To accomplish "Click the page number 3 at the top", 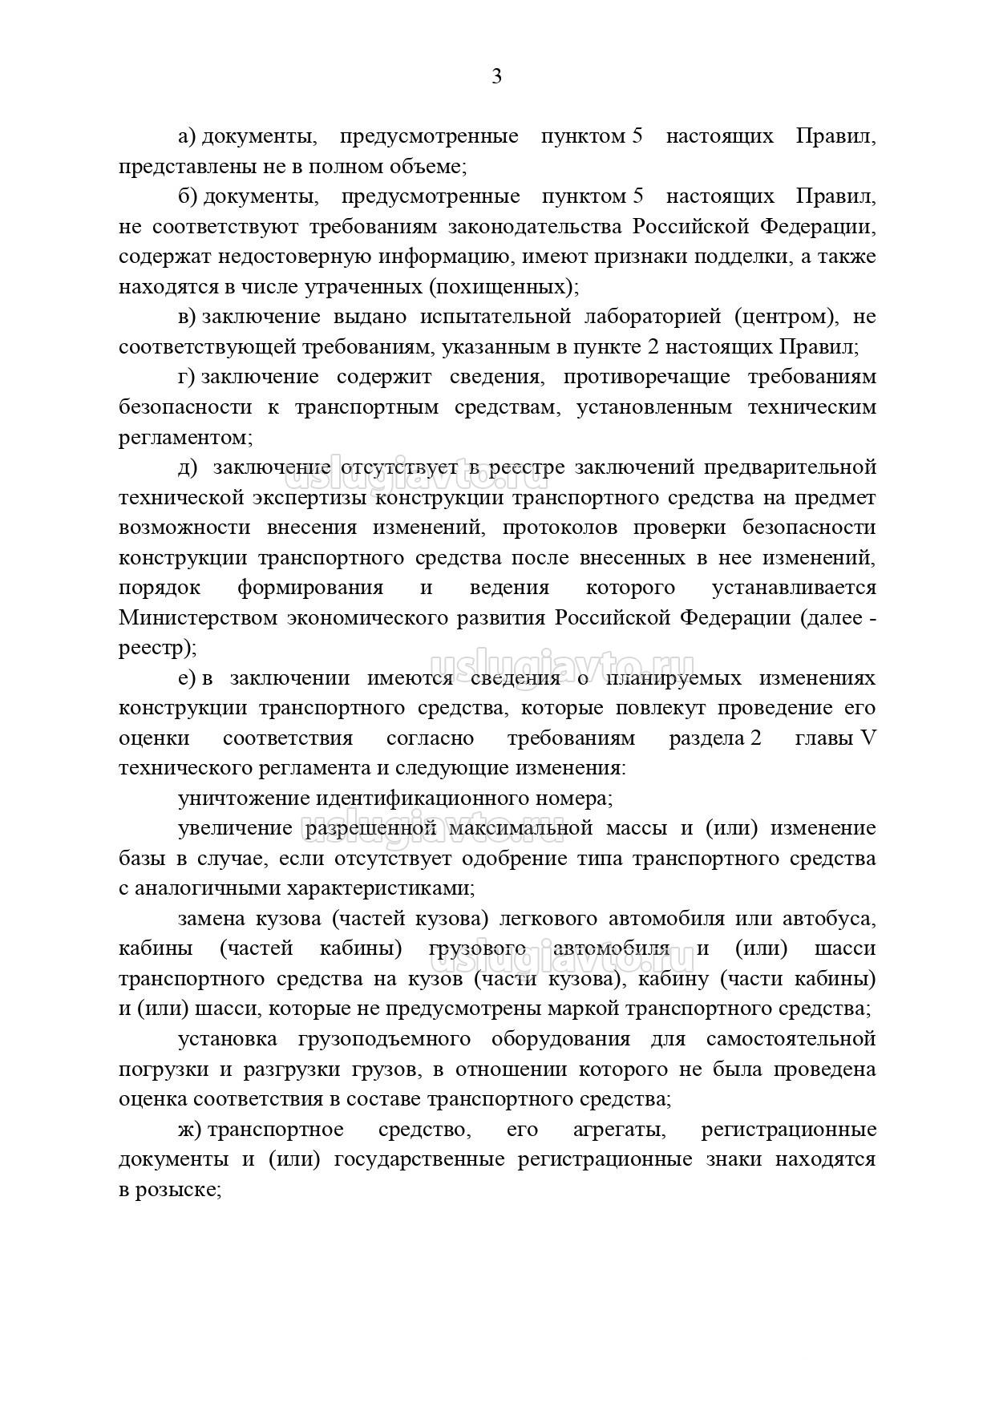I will coord(496,77).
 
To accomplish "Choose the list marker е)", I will coord(187,678).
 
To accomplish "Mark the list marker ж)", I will coord(190,1130).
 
